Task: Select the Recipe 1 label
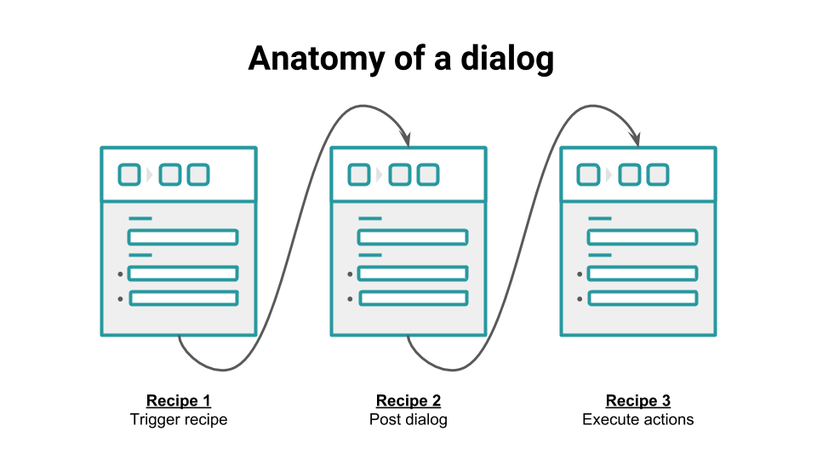(x=179, y=401)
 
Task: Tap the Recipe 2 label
(x=408, y=401)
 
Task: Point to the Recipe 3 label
(x=638, y=401)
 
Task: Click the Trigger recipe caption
(x=179, y=420)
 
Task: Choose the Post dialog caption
(x=408, y=420)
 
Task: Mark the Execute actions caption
(x=638, y=420)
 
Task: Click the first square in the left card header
(x=129, y=175)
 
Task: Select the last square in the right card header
(x=657, y=175)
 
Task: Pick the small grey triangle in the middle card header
(x=380, y=175)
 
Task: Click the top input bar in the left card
(x=183, y=237)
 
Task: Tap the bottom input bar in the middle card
(x=413, y=298)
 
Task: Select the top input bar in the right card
(x=643, y=237)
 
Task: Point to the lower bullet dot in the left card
(x=121, y=299)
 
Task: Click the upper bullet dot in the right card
(x=580, y=274)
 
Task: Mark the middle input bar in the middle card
(x=413, y=273)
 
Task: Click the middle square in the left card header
(x=170, y=175)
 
